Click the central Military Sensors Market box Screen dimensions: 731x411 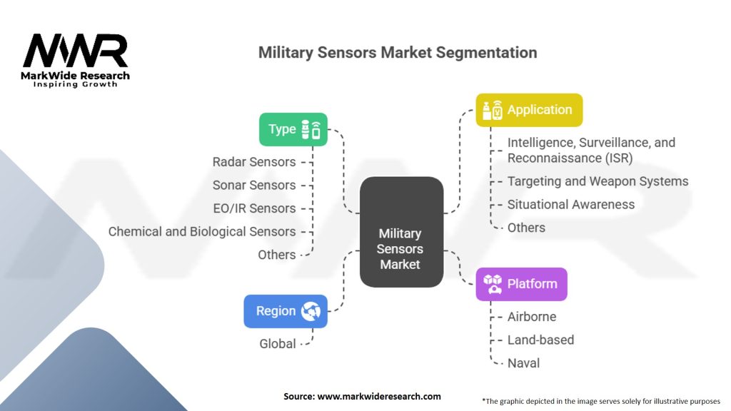click(x=400, y=233)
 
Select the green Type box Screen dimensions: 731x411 click(x=293, y=129)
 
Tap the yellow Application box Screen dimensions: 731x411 click(x=529, y=110)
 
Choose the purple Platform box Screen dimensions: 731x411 click(x=521, y=284)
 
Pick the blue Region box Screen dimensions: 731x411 click(x=285, y=311)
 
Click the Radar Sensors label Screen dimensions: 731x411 click(x=253, y=162)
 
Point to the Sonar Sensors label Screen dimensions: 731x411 click(x=253, y=185)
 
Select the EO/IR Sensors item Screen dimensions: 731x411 click(x=253, y=208)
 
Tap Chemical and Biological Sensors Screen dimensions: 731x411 click(x=201, y=231)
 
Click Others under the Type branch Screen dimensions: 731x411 click(x=276, y=255)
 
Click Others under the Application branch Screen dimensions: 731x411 click(x=526, y=228)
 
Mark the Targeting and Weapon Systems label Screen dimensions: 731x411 click(x=598, y=181)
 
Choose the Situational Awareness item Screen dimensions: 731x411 click(x=570, y=204)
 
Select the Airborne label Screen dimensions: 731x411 click(x=531, y=317)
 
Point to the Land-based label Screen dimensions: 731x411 click(x=540, y=340)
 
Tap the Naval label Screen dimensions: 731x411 click(x=523, y=363)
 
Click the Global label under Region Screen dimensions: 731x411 click(x=277, y=344)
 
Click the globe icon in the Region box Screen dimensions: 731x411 click(x=311, y=311)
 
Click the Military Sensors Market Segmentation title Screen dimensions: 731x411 click(x=397, y=52)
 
